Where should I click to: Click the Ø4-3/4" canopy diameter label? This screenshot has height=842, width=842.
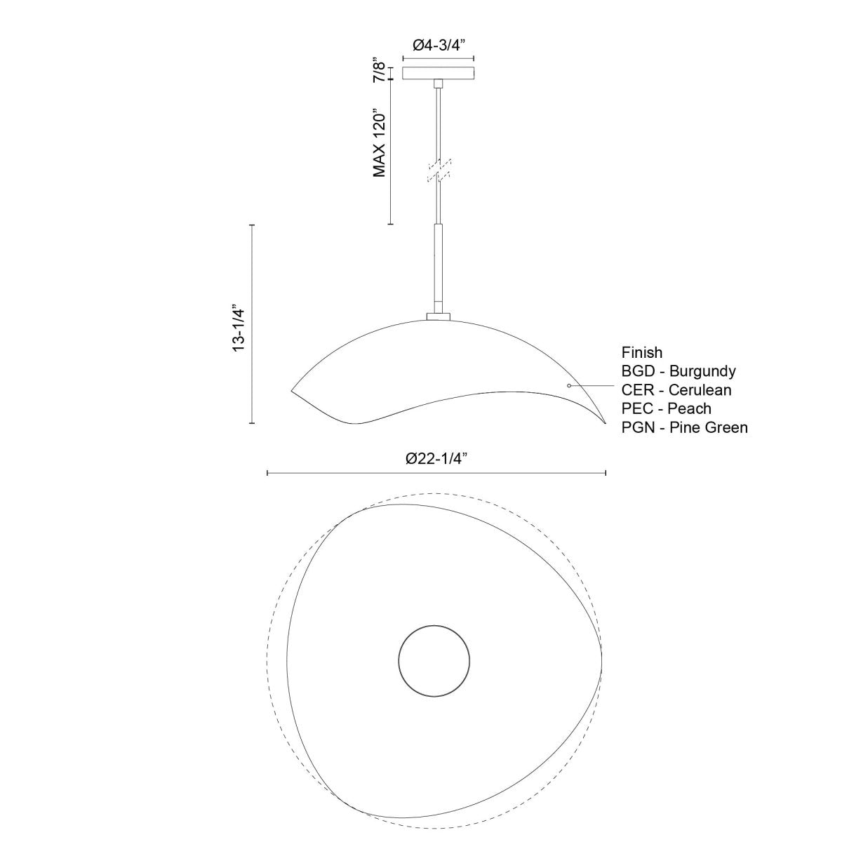tap(438, 45)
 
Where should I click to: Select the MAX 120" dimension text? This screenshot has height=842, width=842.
tap(380, 142)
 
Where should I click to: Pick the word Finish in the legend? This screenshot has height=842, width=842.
tap(642, 352)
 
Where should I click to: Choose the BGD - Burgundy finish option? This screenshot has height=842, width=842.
tap(679, 371)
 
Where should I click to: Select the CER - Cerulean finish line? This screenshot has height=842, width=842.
tap(676, 389)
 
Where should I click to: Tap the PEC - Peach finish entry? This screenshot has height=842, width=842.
tap(667, 408)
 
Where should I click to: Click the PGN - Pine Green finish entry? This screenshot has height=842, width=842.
tap(685, 427)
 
